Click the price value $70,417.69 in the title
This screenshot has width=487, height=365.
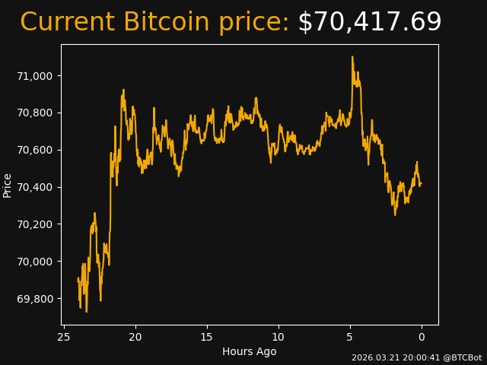point(369,23)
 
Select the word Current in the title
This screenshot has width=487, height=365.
point(68,23)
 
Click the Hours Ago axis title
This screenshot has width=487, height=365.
point(249,351)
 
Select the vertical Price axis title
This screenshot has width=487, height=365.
point(8,186)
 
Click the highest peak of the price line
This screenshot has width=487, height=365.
point(352,57)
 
